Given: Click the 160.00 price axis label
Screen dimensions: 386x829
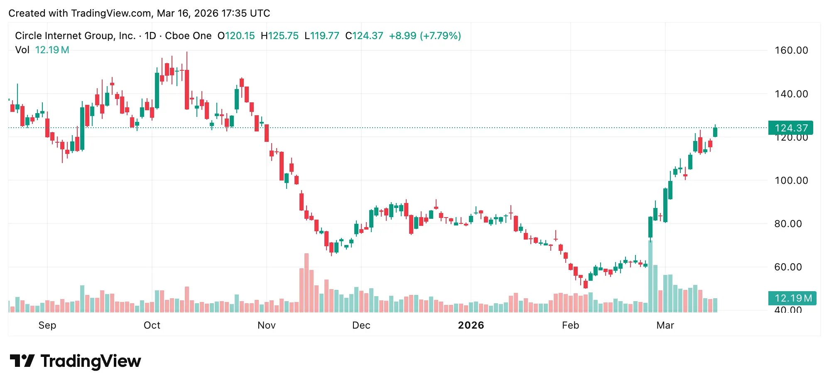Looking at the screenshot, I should coord(791,50).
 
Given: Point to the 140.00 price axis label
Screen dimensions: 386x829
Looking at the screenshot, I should coord(791,94).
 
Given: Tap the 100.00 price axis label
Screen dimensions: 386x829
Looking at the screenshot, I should coord(791,181).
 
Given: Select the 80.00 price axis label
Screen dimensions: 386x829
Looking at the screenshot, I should coord(788,224).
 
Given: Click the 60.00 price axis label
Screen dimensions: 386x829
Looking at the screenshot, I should coord(788,267).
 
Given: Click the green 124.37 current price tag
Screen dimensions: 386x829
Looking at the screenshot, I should coord(790,128).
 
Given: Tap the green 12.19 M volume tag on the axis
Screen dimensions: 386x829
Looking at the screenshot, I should coord(792,298).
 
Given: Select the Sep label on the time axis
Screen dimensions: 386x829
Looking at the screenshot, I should coord(47,325).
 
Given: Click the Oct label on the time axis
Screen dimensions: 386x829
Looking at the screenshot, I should coord(152,325).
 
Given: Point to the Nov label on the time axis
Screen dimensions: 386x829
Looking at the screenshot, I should coord(267,325).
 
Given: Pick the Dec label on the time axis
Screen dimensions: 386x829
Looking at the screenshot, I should coord(361,325).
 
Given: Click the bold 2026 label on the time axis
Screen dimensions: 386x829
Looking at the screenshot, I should coord(471,325).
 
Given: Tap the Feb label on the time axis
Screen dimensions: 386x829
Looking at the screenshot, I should coord(571,325).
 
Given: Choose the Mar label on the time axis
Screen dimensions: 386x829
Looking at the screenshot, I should coord(665,325).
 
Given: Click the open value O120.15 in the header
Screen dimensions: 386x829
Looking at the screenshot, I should coord(236,36).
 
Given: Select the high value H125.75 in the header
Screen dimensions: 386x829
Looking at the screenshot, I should coord(280,36).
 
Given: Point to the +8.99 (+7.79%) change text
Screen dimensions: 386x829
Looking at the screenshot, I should coord(425,36).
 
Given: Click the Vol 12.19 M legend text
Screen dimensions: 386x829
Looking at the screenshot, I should coord(42,50).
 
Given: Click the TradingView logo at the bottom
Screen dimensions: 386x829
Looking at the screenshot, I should coord(76,361).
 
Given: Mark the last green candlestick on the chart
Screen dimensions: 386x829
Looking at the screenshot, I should coord(715,132).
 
